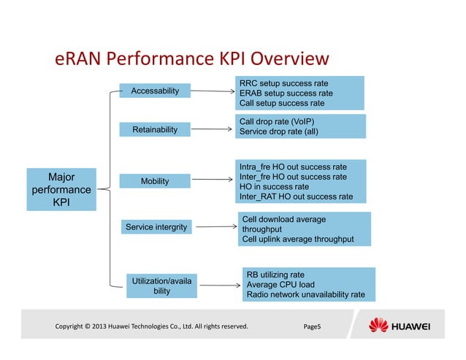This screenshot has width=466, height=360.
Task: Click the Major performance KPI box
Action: (x=61, y=189)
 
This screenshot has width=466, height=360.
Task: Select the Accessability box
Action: (x=154, y=91)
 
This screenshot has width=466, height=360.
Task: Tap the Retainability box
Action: (x=154, y=129)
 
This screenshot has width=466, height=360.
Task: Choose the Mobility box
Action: (x=154, y=180)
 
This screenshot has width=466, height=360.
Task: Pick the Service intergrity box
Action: (x=156, y=227)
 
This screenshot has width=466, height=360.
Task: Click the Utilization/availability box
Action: (x=161, y=285)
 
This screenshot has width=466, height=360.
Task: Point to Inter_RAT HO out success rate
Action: (x=296, y=196)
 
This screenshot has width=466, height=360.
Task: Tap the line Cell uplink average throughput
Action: (x=297, y=240)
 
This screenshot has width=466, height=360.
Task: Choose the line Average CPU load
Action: (x=280, y=284)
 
